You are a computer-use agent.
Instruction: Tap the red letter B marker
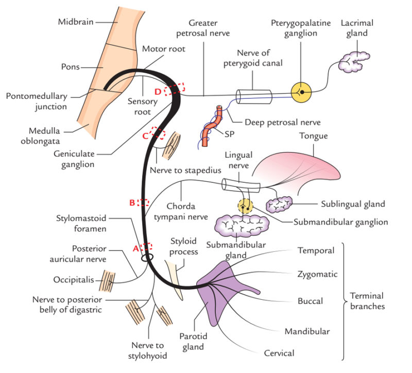132,202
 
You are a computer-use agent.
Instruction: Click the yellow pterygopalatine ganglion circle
303,92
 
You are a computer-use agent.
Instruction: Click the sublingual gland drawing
279,205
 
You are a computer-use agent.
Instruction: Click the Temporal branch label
316,251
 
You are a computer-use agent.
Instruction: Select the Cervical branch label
279,353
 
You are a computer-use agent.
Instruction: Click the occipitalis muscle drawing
108,281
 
